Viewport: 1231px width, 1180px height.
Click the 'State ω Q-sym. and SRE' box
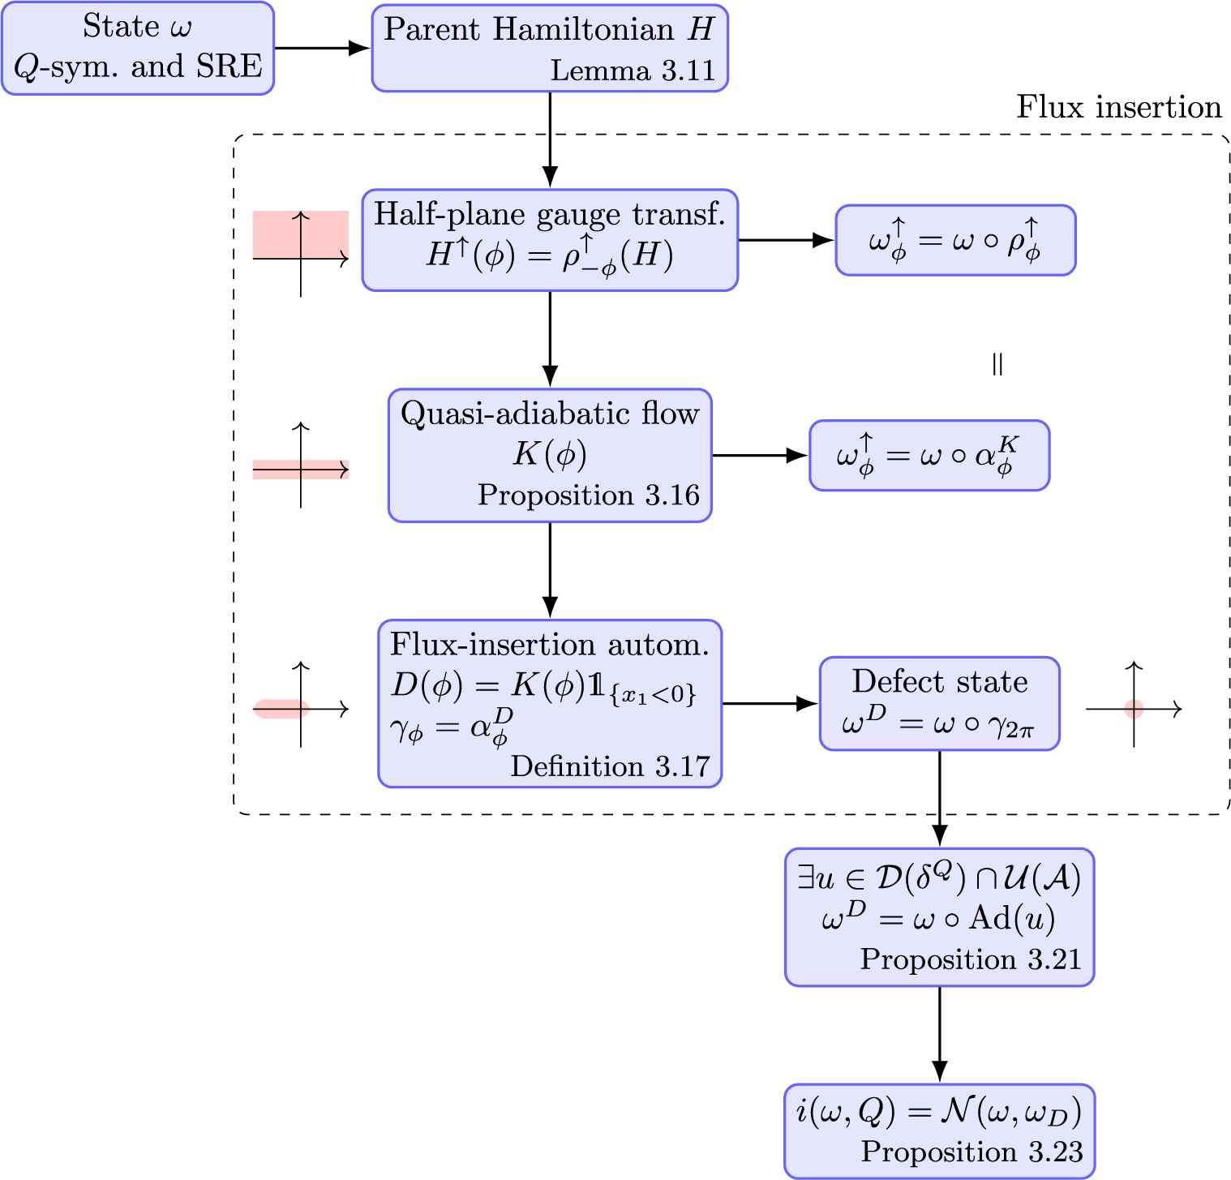click(x=138, y=48)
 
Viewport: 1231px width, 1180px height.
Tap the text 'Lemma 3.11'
click(x=633, y=71)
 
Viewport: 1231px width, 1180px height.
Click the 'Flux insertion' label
click(x=1118, y=107)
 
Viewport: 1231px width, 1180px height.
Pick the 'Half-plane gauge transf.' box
click(x=550, y=240)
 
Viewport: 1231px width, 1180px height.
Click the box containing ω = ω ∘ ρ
click(x=955, y=240)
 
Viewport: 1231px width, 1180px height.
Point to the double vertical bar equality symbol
click(x=997, y=365)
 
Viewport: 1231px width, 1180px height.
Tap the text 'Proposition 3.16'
click(x=588, y=495)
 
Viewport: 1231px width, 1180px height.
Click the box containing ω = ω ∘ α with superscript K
click(x=929, y=455)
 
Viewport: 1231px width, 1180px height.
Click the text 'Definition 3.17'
click(x=610, y=766)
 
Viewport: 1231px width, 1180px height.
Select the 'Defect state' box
click(x=939, y=703)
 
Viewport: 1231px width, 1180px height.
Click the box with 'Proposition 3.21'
click(x=939, y=917)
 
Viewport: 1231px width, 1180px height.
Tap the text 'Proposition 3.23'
click(x=972, y=1152)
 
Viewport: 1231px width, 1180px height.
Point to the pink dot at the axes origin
click(x=1134, y=710)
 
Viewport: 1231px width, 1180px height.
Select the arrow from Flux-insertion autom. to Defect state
click(x=770, y=703)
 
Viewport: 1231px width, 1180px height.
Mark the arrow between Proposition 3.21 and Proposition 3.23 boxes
click(x=939, y=1034)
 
